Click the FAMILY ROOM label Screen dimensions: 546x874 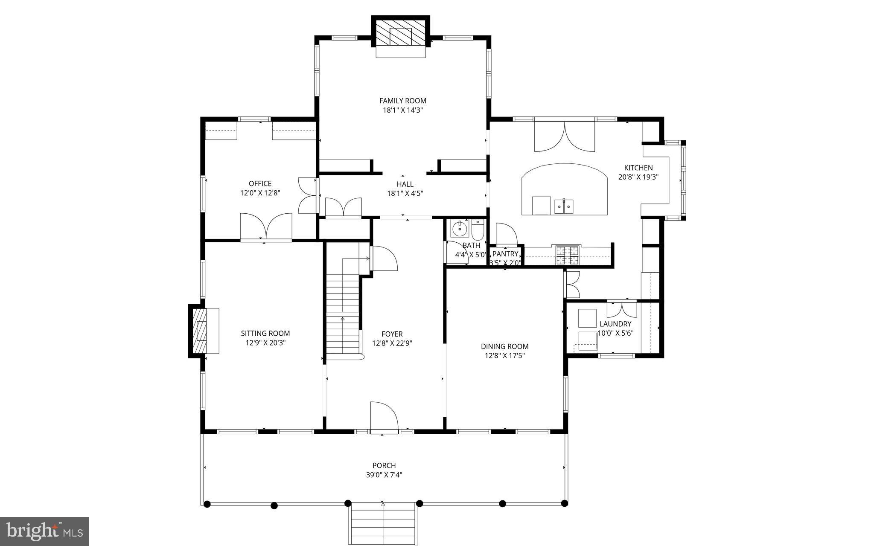pos(402,101)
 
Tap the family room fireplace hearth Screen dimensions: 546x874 pos(401,52)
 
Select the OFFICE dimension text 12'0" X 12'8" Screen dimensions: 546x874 pos(260,193)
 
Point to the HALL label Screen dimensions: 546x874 pos(405,184)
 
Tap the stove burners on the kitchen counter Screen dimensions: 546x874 pos(567,255)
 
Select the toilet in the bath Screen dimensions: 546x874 pos(477,230)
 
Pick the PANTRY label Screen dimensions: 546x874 pos(505,254)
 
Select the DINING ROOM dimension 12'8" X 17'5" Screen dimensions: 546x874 pos(504,356)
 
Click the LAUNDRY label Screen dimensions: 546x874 pos(615,324)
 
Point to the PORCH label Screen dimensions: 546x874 pos(384,465)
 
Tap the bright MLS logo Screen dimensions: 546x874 pos(44,531)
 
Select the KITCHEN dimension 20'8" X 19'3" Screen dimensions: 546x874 pos(638,177)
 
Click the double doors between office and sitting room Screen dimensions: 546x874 pos(266,227)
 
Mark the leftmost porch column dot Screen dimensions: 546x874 pos(207,504)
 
